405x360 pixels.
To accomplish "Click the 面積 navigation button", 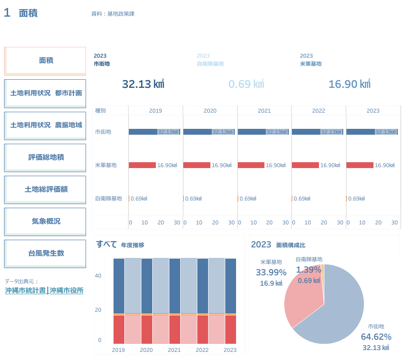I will tap(46, 61).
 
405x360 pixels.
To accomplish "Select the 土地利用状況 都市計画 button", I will tap(46, 93).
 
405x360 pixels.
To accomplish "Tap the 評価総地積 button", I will tap(46, 157).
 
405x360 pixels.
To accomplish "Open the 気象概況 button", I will tap(46, 221).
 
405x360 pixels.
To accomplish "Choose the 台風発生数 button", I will tap(46, 253).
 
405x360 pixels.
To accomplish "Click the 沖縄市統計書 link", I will tap(25, 291).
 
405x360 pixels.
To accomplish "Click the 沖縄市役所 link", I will tap(67, 291).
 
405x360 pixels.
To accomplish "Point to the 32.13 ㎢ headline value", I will tap(143, 84).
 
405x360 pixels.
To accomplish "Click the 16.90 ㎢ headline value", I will tap(349, 84).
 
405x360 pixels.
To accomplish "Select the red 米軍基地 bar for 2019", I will tap(142, 165).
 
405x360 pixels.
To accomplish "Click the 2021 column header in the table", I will tap(264, 111).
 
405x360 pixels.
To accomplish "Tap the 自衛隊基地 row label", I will tap(109, 198).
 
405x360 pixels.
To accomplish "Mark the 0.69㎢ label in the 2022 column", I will tap(302, 199).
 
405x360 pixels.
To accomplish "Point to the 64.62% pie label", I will tap(376, 337).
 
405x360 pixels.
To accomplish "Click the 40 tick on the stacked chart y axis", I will tap(98, 276).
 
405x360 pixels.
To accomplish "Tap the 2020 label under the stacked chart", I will tap(146, 350).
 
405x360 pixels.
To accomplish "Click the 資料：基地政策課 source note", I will tap(113, 14).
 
